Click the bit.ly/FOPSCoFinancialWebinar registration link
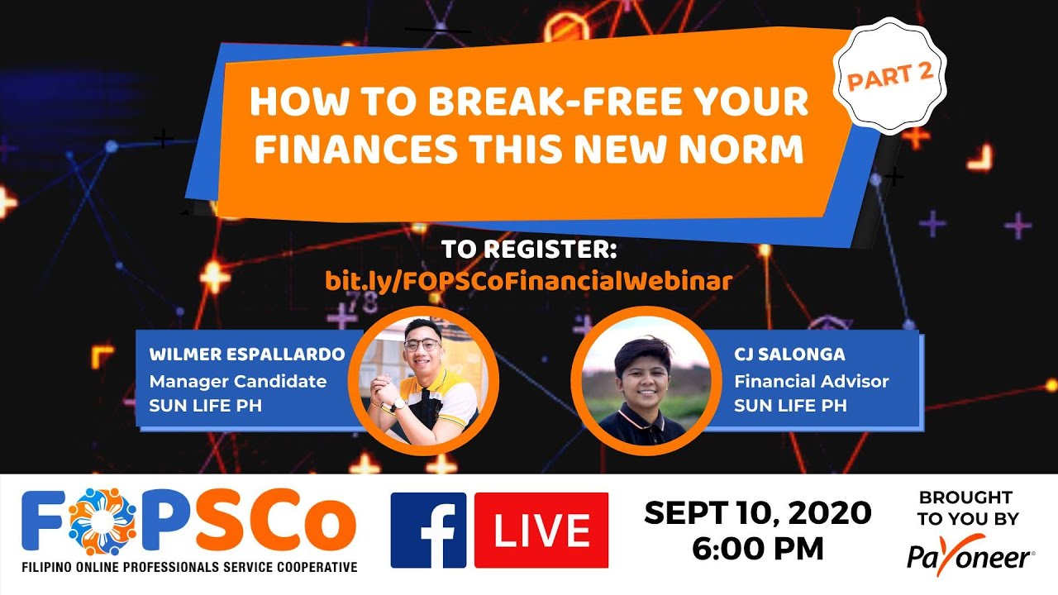point(529,280)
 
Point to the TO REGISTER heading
point(529,249)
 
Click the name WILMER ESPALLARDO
point(247,355)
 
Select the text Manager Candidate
point(237,381)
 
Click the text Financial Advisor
point(812,381)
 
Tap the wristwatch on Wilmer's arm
point(399,404)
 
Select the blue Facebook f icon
point(428,530)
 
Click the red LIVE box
point(541,530)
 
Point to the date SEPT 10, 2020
point(757,513)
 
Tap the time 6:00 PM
point(757,547)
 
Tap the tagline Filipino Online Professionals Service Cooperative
point(189,567)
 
